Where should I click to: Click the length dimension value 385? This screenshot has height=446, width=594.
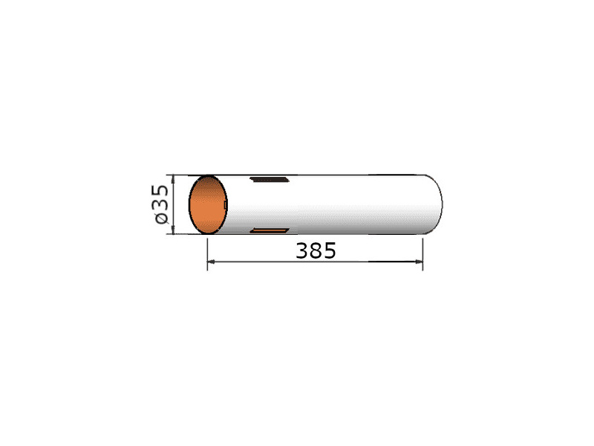pyautogui.click(x=316, y=251)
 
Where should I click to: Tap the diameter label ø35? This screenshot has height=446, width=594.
pyautogui.click(x=161, y=204)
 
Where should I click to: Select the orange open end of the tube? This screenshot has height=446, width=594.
pyautogui.click(x=208, y=205)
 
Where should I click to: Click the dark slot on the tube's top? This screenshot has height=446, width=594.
pyautogui.click(x=270, y=179)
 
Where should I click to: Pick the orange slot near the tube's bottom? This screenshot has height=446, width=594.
pyautogui.click(x=270, y=230)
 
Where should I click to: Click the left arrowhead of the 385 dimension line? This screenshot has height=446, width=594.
pyautogui.click(x=212, y=262)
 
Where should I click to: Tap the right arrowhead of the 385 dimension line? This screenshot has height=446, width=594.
pyautogui.click(x=419, y=262)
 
